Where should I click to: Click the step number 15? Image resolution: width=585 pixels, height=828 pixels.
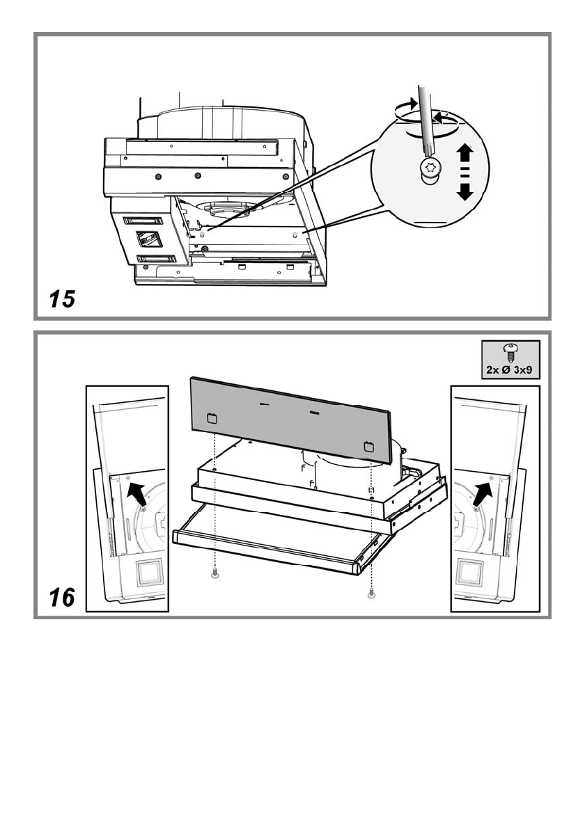(x=61, y=300)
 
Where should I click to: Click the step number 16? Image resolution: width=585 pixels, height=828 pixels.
(x=61, y=596)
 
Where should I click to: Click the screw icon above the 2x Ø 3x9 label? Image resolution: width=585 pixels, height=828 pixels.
(x=510, y=352)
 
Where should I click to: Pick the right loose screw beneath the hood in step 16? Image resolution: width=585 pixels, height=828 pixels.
(x=371, y=594)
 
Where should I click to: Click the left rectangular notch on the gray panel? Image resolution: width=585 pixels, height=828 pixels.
(x=212, y=419)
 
